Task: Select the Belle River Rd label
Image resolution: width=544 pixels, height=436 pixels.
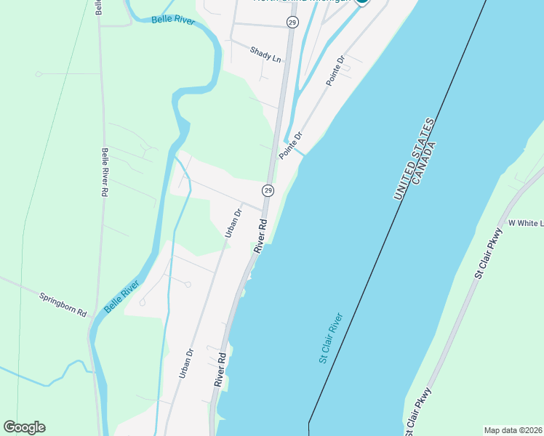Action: pos(105,173)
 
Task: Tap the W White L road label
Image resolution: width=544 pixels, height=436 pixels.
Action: pos(525,223)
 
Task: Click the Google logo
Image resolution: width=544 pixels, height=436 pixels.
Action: pos(24,427)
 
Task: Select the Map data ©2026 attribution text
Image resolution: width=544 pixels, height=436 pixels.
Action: pos(513,430)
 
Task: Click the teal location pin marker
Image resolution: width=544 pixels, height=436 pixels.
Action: pos(362,1)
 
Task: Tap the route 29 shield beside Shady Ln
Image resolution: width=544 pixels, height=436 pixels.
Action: pos(292,23)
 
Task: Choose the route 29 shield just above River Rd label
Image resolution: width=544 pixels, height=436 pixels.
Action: pos(268,190)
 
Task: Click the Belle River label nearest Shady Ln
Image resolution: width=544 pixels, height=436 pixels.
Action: pos(173,20)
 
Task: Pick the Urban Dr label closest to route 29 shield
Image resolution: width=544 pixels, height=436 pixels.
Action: pos(232,223)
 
